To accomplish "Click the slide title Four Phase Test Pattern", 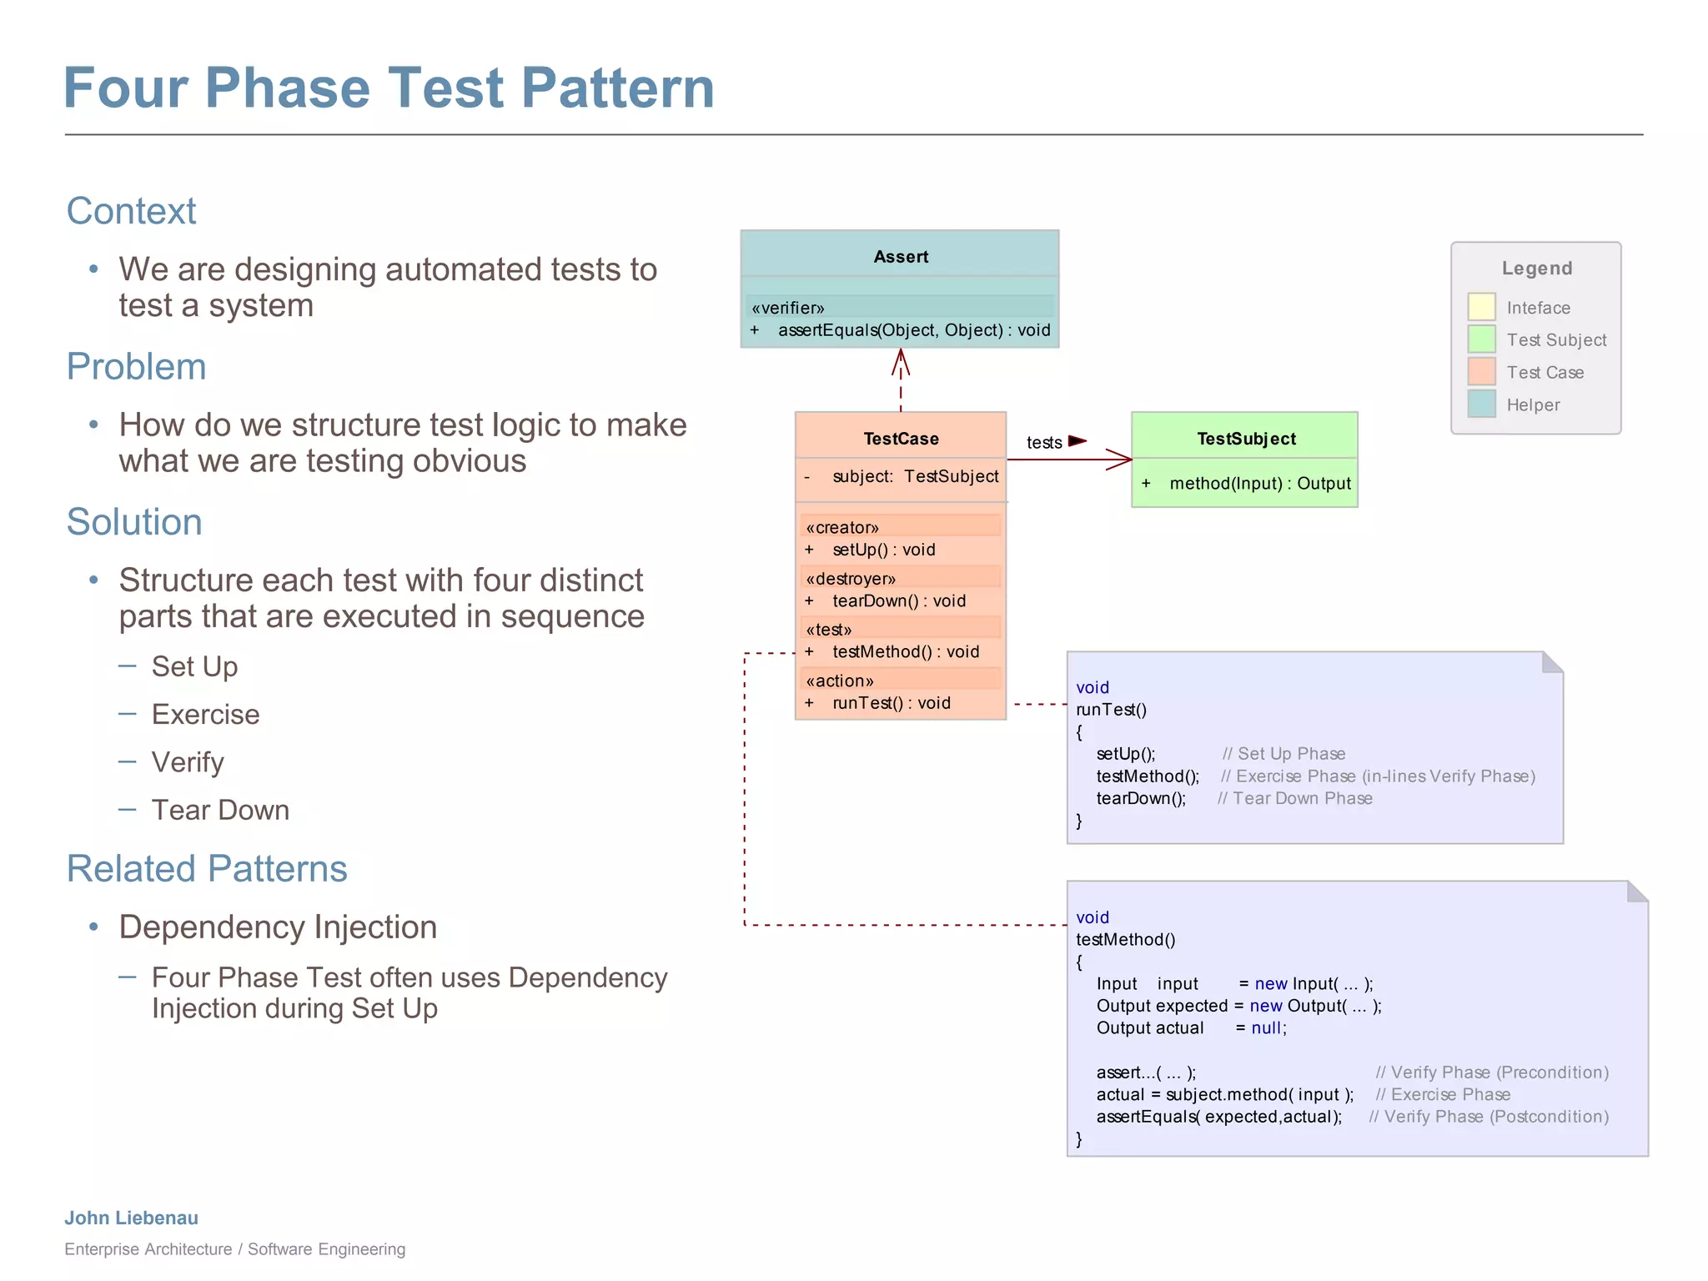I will coord(389,88).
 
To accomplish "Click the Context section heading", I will coord(131,211).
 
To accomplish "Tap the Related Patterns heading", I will coord(206,869).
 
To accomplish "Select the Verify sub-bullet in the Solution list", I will coord(188,762).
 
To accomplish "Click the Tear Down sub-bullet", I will coord(220,810).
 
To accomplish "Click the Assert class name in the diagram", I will coord(900,257).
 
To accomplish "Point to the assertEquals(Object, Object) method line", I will coord(913,330).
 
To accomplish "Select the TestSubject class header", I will coord(1245,439).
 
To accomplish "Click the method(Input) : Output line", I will coord(1259,484).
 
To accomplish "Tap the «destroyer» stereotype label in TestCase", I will coord(851,579).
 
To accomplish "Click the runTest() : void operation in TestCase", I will coord(891,703).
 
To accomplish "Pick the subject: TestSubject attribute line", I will coord(914,476).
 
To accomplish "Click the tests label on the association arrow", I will coord(1044,443).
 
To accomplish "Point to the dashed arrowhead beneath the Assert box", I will coord(900,362).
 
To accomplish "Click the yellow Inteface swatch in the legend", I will coord(1481,307).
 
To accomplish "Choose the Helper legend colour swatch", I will coord(1481,404).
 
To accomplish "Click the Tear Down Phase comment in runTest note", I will coord(1294,798).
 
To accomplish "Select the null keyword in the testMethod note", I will coord(1266,1028).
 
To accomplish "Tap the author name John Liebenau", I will coord(132,1218).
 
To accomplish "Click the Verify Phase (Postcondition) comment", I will coord(1489,1117).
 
